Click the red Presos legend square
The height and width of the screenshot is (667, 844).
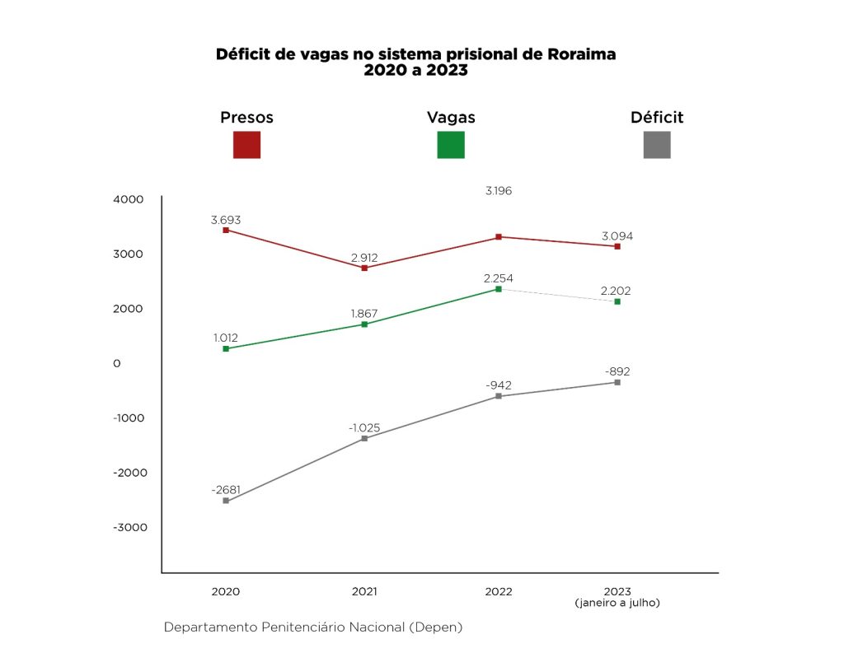click(x=246, y=144)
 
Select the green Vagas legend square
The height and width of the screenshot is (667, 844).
click(x=450, y=144)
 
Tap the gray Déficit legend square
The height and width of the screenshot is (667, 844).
click(x=656, y=144)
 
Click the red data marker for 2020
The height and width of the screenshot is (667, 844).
click(x=226, y=230)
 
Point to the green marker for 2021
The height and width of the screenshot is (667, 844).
click(x=364, y=324)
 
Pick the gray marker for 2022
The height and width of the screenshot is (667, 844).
click(x=499, y=396)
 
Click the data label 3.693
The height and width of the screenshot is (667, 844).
click(x=226, y=220)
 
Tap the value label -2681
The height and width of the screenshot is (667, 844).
click(x=226, y=490)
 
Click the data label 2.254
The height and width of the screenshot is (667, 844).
click(x=499, y=278)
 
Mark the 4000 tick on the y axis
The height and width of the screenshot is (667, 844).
click(x=129, y=199)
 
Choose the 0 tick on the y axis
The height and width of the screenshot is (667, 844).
click(x=117, y=363)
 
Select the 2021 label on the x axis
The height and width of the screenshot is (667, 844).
click(x=363, y=591)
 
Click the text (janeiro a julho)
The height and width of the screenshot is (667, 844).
click(x=617, y=602)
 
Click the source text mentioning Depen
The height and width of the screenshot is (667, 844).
click(x=313, y=627)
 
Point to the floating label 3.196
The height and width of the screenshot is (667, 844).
click(x=499, y=191)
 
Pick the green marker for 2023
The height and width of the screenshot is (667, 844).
click(x=617, y=301)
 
